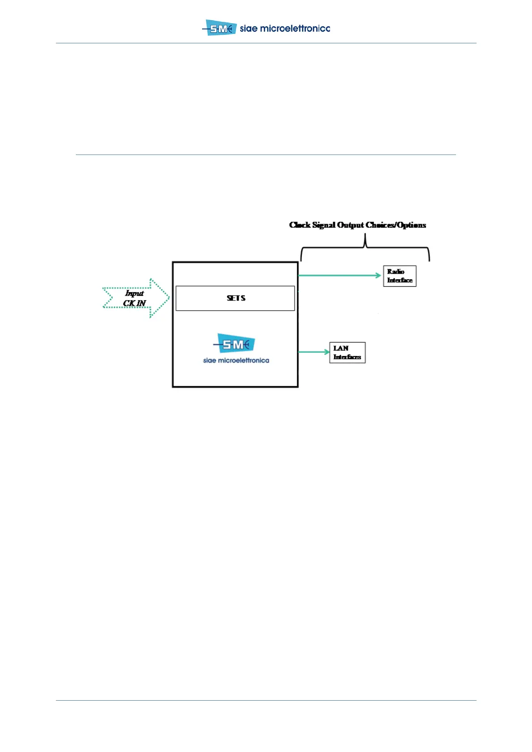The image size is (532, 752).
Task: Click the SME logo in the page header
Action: click(x=220, y=28)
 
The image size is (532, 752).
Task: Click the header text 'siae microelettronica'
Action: click(x=285, y=29)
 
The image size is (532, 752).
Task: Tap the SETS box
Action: click(x=235, y=298)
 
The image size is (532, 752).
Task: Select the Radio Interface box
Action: click(x=400, y=276)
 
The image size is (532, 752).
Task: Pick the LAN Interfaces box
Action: click(x=347, y=353)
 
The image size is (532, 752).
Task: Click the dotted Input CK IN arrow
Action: click(x=136, y=298)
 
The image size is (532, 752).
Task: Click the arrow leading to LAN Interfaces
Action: click(x=313, y=352)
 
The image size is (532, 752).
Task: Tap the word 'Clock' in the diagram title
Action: click(x=300, y=225)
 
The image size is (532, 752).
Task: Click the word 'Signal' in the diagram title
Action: click(x=324, y=225)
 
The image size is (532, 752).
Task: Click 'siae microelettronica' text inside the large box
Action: click(x=236, y=360)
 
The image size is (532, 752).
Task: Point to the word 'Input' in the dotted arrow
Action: click(x=134, y=293)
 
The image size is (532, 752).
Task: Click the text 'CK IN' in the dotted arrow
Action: click(x=135, y=303)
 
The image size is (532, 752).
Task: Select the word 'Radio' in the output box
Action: click(x=396, y=272)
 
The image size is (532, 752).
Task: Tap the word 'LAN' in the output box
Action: click(x=341, y=348)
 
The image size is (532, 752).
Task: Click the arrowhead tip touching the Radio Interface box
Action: click(x=379, y=276)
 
